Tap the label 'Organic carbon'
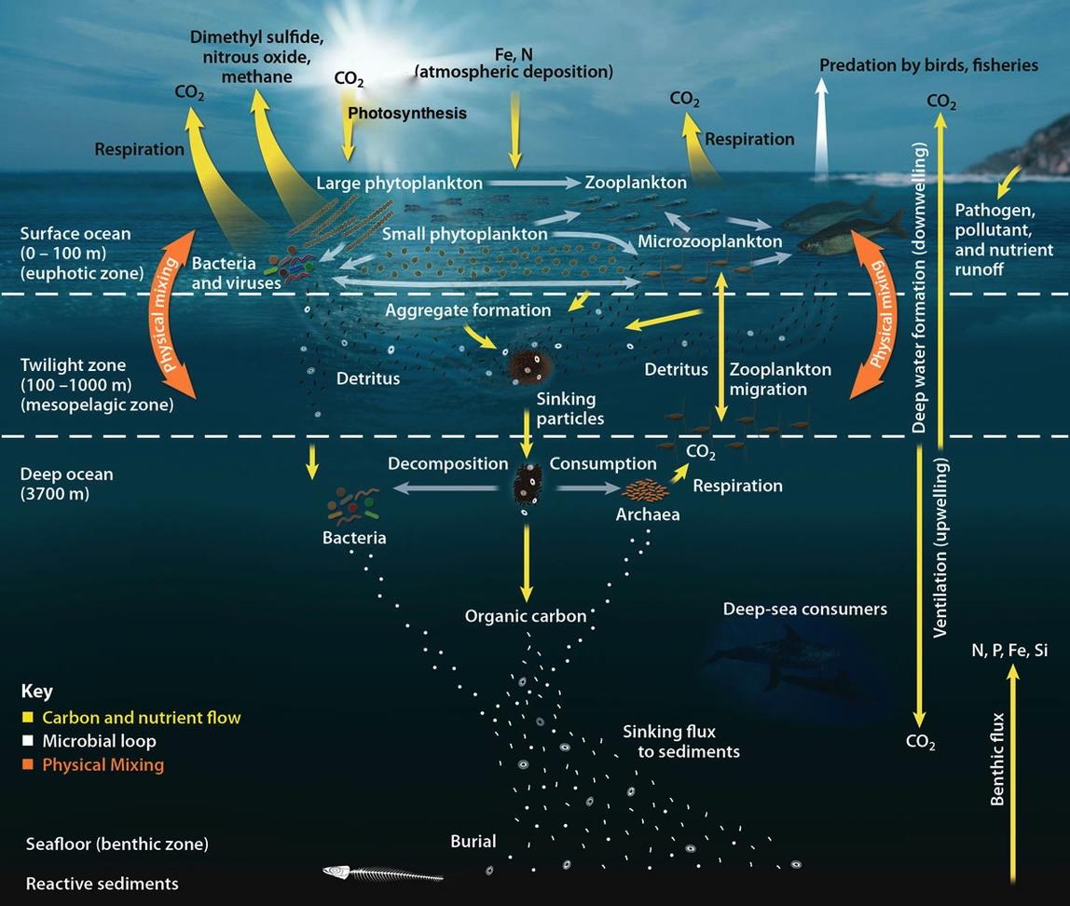[x=526, y=616]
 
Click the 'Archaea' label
[x=648, y=514]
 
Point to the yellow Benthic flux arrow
[x=1013, y=775]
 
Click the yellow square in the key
[x=28, y=717]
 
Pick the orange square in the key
[x=28, y=764]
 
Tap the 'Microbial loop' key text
[x=100, y=741]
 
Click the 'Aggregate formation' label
[x=468, y=310]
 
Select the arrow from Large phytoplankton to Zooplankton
[x=534, y=183]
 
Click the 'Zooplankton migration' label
[x=781, y=379]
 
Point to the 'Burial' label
[x=473, y=841]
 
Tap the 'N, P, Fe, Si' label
[x=1009, y=651]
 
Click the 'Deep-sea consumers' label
[x=805, y=610]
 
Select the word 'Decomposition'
[x=448, y=464]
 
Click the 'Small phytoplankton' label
[x=465, y=234]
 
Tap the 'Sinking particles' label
[x=570, y=408]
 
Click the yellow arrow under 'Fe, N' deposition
[x=514, y=126]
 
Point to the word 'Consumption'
[x=603, y=464]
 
